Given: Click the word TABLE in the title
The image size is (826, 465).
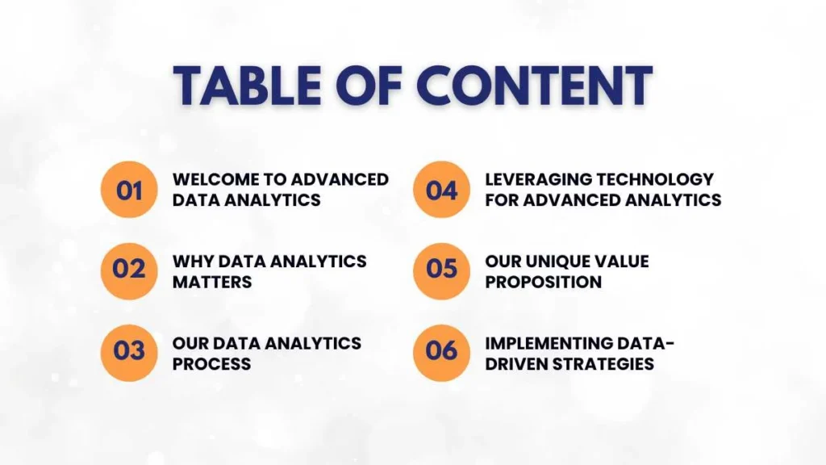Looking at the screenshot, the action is (247, 86).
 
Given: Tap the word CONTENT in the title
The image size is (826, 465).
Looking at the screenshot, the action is (534, 86).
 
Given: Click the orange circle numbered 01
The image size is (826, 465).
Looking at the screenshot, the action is (129, 190).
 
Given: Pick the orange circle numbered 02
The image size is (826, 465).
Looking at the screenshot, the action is (129, 271).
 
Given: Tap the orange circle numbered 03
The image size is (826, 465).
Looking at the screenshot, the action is (129, 353).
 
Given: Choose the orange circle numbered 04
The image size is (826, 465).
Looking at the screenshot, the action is (441, 190).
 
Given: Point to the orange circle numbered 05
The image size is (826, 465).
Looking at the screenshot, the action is (441, 271).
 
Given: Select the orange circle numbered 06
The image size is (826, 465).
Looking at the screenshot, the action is (441, 353).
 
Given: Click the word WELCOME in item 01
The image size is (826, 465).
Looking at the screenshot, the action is (216, 179).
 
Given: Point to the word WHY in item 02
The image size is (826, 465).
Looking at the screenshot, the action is (193, 262).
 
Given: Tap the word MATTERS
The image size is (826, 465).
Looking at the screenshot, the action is (212, 282).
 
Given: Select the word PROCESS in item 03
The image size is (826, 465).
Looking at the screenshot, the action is (212, 364).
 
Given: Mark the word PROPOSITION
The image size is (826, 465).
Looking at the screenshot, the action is (544, 282).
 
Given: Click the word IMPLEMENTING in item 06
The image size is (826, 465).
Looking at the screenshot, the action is (548, 343).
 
